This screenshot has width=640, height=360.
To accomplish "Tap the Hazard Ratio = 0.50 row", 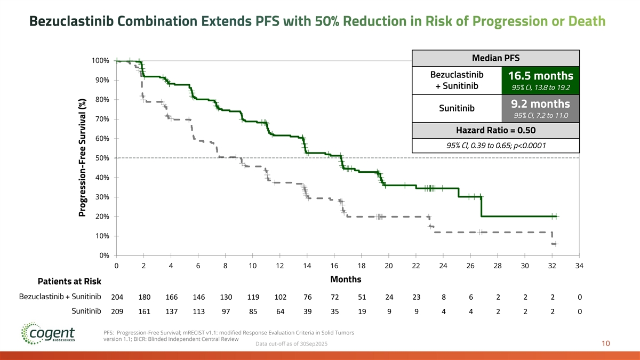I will tap(495, 130).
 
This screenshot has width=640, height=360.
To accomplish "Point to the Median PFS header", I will tap(495, 58).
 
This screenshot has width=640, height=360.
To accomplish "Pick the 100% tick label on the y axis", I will tap(101, 61).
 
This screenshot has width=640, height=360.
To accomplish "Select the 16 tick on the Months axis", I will tap(334, 266).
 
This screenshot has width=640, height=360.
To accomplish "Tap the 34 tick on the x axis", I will tap(579, 266).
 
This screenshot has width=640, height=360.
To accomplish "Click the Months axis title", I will tap(346, 279).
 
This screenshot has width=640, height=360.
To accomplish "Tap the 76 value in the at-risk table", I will tap(307, 297).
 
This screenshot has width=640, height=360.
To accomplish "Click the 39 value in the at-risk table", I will tap(307, 311).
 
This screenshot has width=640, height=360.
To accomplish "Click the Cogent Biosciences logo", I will tap(48, 334).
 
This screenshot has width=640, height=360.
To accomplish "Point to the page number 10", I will tap(605, 344).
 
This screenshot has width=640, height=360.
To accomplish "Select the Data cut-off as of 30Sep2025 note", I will tap(292, 344).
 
